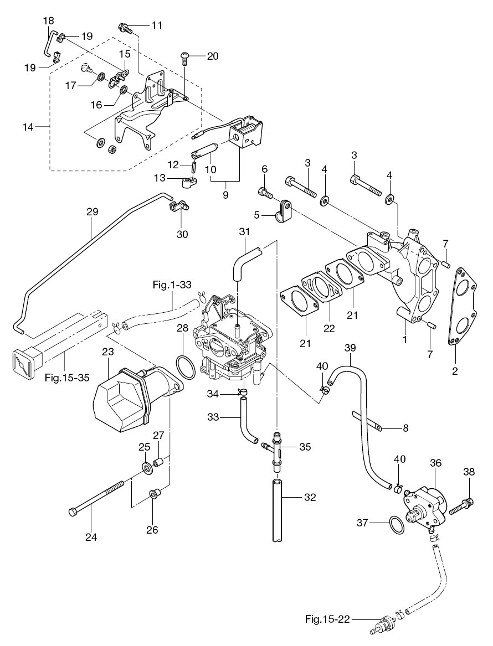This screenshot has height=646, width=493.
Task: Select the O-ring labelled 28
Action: click(x=185, y=368)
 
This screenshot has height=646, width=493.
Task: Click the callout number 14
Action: click(x=28, y=127)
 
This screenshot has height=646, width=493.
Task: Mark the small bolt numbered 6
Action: click(x=264, y=193)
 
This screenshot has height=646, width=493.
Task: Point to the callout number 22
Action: click(x=329, y=328)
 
